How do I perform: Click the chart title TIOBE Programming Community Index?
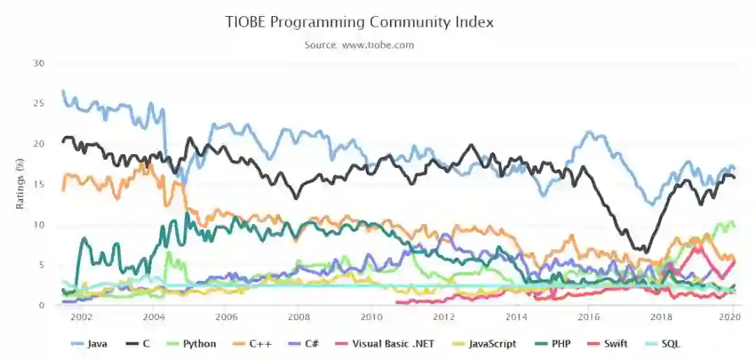(x=359, y=22)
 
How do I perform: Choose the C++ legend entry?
(x=256, y=344)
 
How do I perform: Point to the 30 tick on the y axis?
(x=39, y=64)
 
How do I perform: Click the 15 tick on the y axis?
(x=39, y=184)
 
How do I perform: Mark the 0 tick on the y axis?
(x=42, y=305)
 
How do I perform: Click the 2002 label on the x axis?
(x=82, y=317)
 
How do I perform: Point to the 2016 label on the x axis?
(x=588, y=317)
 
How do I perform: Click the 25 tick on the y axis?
(x=39, y=104)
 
